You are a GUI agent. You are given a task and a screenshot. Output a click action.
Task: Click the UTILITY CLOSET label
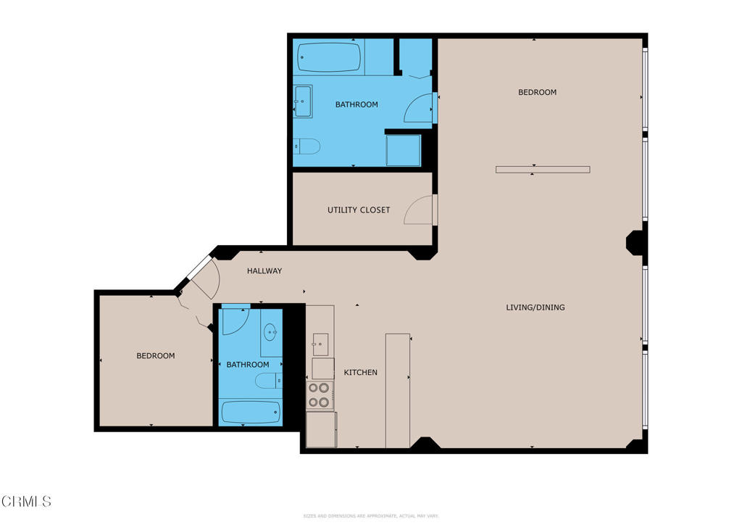[359, 210]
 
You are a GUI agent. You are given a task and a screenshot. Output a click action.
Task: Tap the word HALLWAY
[264, 271]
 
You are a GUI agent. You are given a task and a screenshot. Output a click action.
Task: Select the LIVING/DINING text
[535, 307]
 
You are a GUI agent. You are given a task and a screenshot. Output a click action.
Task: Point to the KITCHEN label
[360, 373]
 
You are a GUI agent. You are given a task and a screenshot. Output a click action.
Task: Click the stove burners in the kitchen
[319, 394]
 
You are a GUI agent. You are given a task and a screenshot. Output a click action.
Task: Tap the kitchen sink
[320, 340]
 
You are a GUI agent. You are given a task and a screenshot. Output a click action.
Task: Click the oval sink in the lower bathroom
[270, 333]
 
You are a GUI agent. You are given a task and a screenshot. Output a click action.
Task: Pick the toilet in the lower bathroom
[268, 381]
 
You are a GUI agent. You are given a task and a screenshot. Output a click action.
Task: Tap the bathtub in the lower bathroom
[251, 413]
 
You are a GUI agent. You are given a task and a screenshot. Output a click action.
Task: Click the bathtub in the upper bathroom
[329, 57]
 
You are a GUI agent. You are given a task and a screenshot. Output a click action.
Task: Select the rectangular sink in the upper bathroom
[302, 102]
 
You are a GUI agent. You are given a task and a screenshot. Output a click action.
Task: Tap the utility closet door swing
[419, 210]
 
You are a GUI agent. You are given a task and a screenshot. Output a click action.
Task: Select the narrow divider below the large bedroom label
[543, 170]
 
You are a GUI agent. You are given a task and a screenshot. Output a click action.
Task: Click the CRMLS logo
[27, 501]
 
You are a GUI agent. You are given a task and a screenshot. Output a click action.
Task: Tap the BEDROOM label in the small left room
[156, 356]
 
